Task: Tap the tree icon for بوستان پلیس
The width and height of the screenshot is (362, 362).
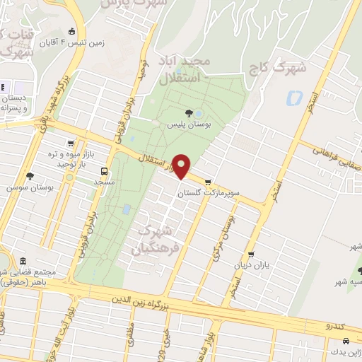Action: coord(188,113)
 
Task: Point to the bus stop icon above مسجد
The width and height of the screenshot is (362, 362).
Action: coord(105,171)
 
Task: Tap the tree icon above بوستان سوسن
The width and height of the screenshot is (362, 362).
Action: coord(29,176)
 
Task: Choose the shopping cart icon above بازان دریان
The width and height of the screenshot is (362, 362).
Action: coord(250,256)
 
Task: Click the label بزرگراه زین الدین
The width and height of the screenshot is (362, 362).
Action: coord(142,300)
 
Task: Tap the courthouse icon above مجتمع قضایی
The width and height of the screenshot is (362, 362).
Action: coord(23,262)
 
